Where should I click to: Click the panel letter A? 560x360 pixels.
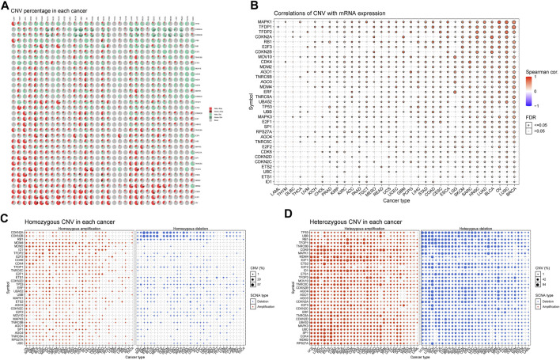pyautogui.click(x=5, y=5)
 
